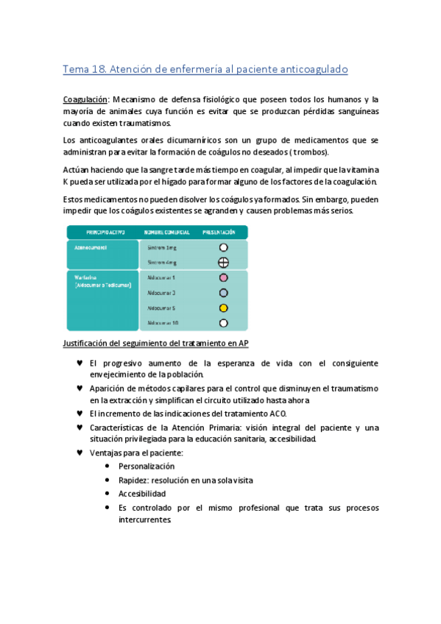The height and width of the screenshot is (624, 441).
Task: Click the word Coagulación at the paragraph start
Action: coord(85,98)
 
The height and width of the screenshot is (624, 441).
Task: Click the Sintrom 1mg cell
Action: coord(161,248)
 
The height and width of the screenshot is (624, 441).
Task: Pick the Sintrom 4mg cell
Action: coord(161,262)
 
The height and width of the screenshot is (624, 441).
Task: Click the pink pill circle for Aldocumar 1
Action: coord(224,278)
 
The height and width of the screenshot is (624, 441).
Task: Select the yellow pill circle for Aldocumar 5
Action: coord(224,308)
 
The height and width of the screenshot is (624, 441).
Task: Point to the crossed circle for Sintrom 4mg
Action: coord(224,262)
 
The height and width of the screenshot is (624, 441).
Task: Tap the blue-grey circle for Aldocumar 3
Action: coord(224,293)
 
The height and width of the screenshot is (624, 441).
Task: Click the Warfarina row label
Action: coord(88,278)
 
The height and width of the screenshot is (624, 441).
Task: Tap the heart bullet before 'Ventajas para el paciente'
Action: coord(80,452)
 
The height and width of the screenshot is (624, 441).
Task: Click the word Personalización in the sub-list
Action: coord(147,467)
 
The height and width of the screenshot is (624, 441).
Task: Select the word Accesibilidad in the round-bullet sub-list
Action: coord(142,494)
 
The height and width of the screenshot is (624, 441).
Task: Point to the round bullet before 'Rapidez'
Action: coord(108,480)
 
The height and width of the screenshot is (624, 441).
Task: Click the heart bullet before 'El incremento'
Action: coord(80,413)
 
